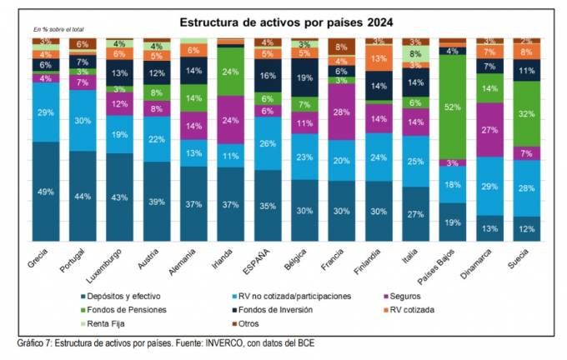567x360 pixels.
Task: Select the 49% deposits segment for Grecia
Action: tap(47, 192)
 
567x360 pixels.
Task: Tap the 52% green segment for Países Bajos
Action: tap(452, 107)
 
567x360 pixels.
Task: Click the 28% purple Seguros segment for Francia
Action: tap(341, 112)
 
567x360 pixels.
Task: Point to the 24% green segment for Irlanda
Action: tap(230, 71)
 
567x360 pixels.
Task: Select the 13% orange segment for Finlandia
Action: tap(378, 59)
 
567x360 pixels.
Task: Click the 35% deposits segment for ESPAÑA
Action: tap(267, 205)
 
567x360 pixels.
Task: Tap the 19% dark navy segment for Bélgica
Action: tap(304, 77)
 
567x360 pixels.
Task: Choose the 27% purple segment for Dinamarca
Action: tap(489, 130)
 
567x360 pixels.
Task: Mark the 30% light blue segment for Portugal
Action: tap(83, 120)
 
